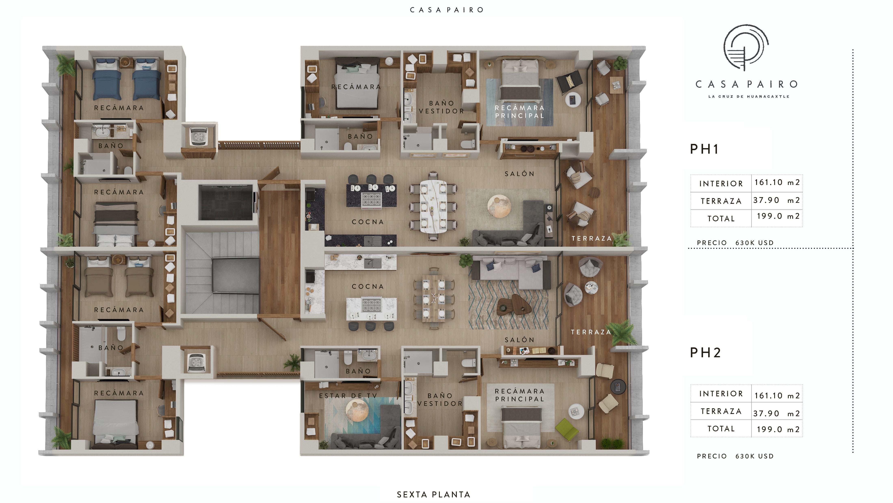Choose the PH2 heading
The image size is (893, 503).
point(705,352)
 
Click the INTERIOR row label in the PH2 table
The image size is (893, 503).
point(721,393)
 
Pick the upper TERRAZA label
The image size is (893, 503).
point(592,238)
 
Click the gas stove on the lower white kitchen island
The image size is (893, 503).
point(371,305)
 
